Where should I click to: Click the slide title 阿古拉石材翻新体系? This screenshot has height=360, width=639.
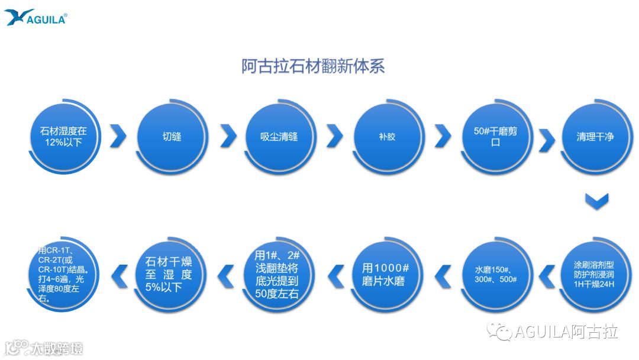(313, 66)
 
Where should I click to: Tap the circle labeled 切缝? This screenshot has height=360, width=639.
(172, 137)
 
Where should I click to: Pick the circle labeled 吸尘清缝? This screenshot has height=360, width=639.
(279, 137)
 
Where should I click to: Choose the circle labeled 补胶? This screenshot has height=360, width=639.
(388, 137)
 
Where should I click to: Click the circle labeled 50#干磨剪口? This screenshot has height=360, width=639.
(496, 137)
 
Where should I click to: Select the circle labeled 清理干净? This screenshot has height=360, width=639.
(595, 137)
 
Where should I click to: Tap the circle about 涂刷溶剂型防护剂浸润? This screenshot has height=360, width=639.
(595, 274)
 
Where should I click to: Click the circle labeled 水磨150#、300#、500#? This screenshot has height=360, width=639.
(496, 274)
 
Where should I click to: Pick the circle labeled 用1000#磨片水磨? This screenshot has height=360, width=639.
(388, 274)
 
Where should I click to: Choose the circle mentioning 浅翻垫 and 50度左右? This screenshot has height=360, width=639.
(279, 274)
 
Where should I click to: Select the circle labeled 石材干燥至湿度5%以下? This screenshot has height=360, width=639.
(172, 274)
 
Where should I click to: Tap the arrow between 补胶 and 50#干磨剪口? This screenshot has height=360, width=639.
(443, 136)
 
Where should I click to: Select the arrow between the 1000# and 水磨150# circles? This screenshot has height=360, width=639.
(443, 275)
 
